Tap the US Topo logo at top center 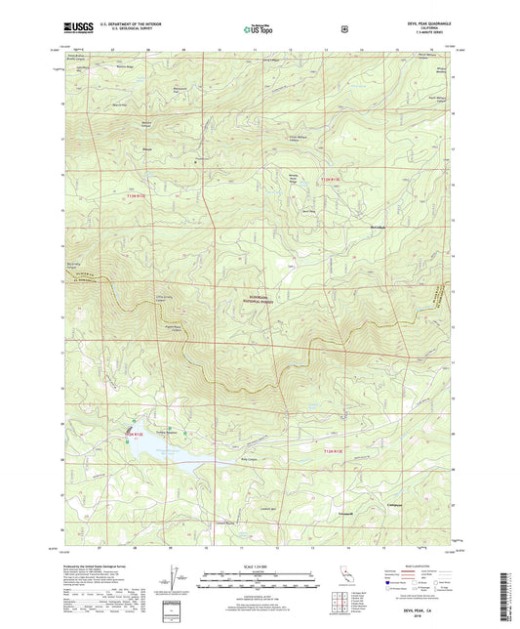pos(259,30)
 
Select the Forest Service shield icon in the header pos(342,30)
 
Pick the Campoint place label pos(412,505)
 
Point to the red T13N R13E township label pos(335,180)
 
